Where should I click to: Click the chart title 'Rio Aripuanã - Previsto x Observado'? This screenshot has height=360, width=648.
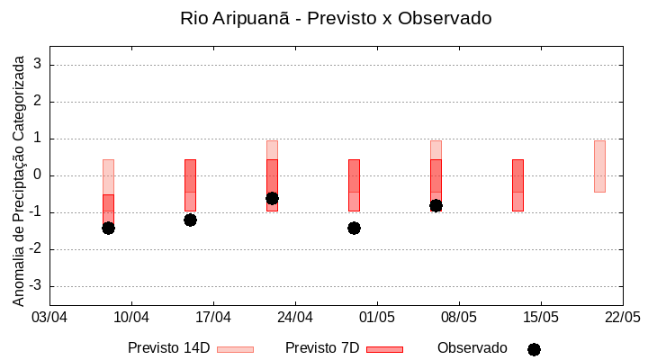(336, 19)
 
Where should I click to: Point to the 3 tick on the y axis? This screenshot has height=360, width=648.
(39, 65)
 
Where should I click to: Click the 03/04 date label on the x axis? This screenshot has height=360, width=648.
(49, 318)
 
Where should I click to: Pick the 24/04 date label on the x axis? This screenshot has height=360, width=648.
(295, 318)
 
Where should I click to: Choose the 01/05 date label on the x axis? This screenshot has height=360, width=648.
(377, 318)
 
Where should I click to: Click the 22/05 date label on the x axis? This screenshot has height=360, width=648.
(623, 318)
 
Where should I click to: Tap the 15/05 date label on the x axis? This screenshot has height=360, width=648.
(541, 318)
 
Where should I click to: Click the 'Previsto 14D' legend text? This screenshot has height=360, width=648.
(169, 348)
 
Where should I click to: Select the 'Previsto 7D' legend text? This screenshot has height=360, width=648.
(322, 348)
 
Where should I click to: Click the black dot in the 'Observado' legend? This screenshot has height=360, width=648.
(534, 349)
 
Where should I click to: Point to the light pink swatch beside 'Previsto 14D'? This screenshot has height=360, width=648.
(236, 349)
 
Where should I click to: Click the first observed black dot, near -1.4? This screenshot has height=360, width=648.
(108, 228)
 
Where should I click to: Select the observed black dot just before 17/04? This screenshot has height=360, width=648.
(190, 220)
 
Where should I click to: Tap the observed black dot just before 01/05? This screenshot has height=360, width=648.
(354, 228)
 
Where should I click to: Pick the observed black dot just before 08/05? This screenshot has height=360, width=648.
(436, 205)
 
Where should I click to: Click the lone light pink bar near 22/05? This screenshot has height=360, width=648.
(599, 166)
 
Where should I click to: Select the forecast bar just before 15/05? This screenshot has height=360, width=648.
(517, 184)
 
